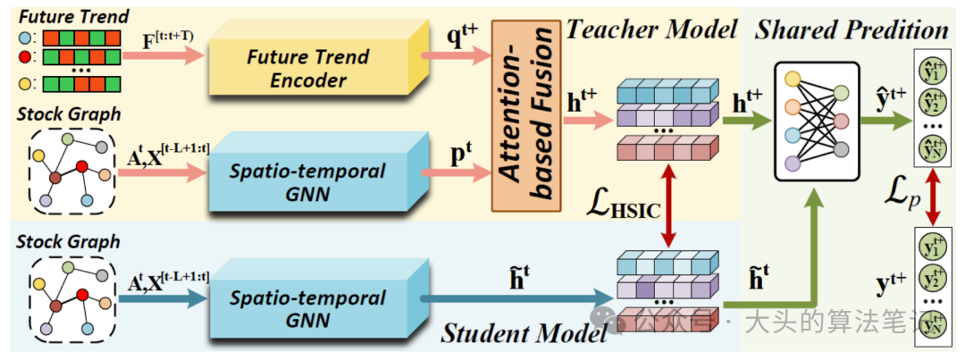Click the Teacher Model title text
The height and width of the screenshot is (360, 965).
click(651, 30)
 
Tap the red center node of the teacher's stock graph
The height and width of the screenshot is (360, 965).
click(82, 166)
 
